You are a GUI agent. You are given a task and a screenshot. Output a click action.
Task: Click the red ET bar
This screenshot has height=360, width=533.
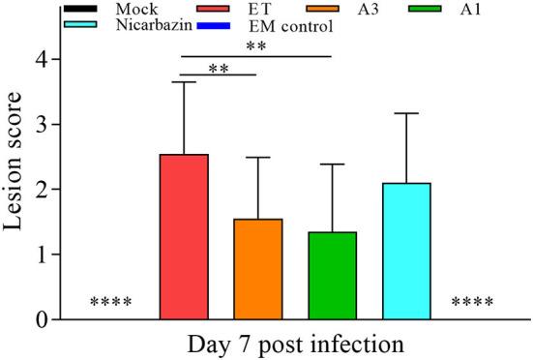(x=183, y=237)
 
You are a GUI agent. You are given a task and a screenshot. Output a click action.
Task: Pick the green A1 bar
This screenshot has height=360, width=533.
(x=332, y=276)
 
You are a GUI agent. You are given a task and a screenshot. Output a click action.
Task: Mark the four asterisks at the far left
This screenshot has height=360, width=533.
(x=111, y=304)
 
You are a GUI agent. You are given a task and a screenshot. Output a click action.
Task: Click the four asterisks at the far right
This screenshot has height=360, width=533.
(x=473, y=304)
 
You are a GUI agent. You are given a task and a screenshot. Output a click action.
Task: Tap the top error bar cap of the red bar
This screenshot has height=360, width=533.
(x=183, y=82)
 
